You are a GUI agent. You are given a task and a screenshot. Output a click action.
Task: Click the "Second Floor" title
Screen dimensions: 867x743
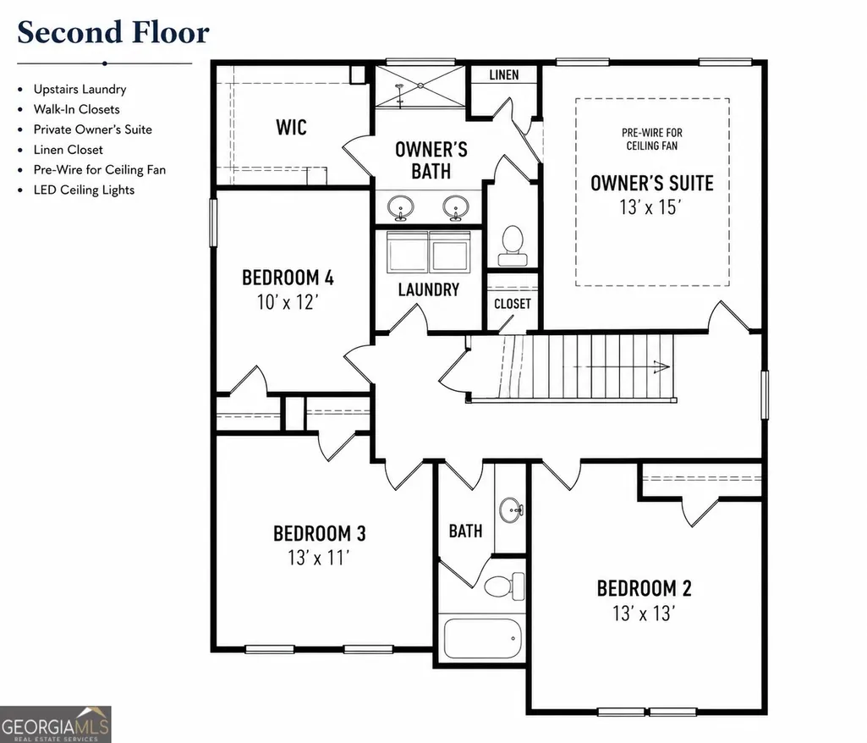113,33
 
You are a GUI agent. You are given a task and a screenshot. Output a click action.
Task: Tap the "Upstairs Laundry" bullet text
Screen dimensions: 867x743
80,89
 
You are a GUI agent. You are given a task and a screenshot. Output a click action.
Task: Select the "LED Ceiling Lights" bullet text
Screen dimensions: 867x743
84,190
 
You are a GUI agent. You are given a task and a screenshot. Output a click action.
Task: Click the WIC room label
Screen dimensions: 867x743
291,127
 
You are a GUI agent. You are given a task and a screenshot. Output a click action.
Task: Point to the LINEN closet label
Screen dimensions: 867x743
504,74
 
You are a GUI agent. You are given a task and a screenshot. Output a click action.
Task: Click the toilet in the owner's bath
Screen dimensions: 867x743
513,245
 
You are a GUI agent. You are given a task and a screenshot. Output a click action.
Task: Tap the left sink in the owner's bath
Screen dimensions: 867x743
400,207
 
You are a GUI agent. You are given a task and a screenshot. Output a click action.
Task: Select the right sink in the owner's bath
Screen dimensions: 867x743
456,207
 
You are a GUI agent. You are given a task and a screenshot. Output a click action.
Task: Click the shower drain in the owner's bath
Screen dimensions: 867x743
420,85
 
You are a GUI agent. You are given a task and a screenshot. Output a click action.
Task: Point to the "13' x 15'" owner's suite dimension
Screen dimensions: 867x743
650,207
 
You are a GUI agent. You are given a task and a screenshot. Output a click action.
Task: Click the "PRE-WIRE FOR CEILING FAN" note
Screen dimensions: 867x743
652,139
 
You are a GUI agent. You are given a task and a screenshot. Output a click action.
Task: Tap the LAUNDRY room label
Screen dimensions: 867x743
429,289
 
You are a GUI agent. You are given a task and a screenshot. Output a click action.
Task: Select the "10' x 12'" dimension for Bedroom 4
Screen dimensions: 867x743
288,302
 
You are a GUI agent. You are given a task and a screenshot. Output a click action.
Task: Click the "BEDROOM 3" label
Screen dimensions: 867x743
320,533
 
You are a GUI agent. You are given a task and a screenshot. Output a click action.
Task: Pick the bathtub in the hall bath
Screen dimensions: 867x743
483,638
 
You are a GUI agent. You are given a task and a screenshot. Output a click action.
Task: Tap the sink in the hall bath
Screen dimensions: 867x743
511,509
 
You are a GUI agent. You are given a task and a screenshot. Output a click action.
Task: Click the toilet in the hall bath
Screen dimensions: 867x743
504,586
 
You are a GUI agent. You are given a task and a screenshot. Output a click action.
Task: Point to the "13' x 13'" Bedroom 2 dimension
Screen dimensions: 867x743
644,614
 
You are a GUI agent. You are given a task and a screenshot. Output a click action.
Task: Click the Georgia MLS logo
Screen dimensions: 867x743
55,724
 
